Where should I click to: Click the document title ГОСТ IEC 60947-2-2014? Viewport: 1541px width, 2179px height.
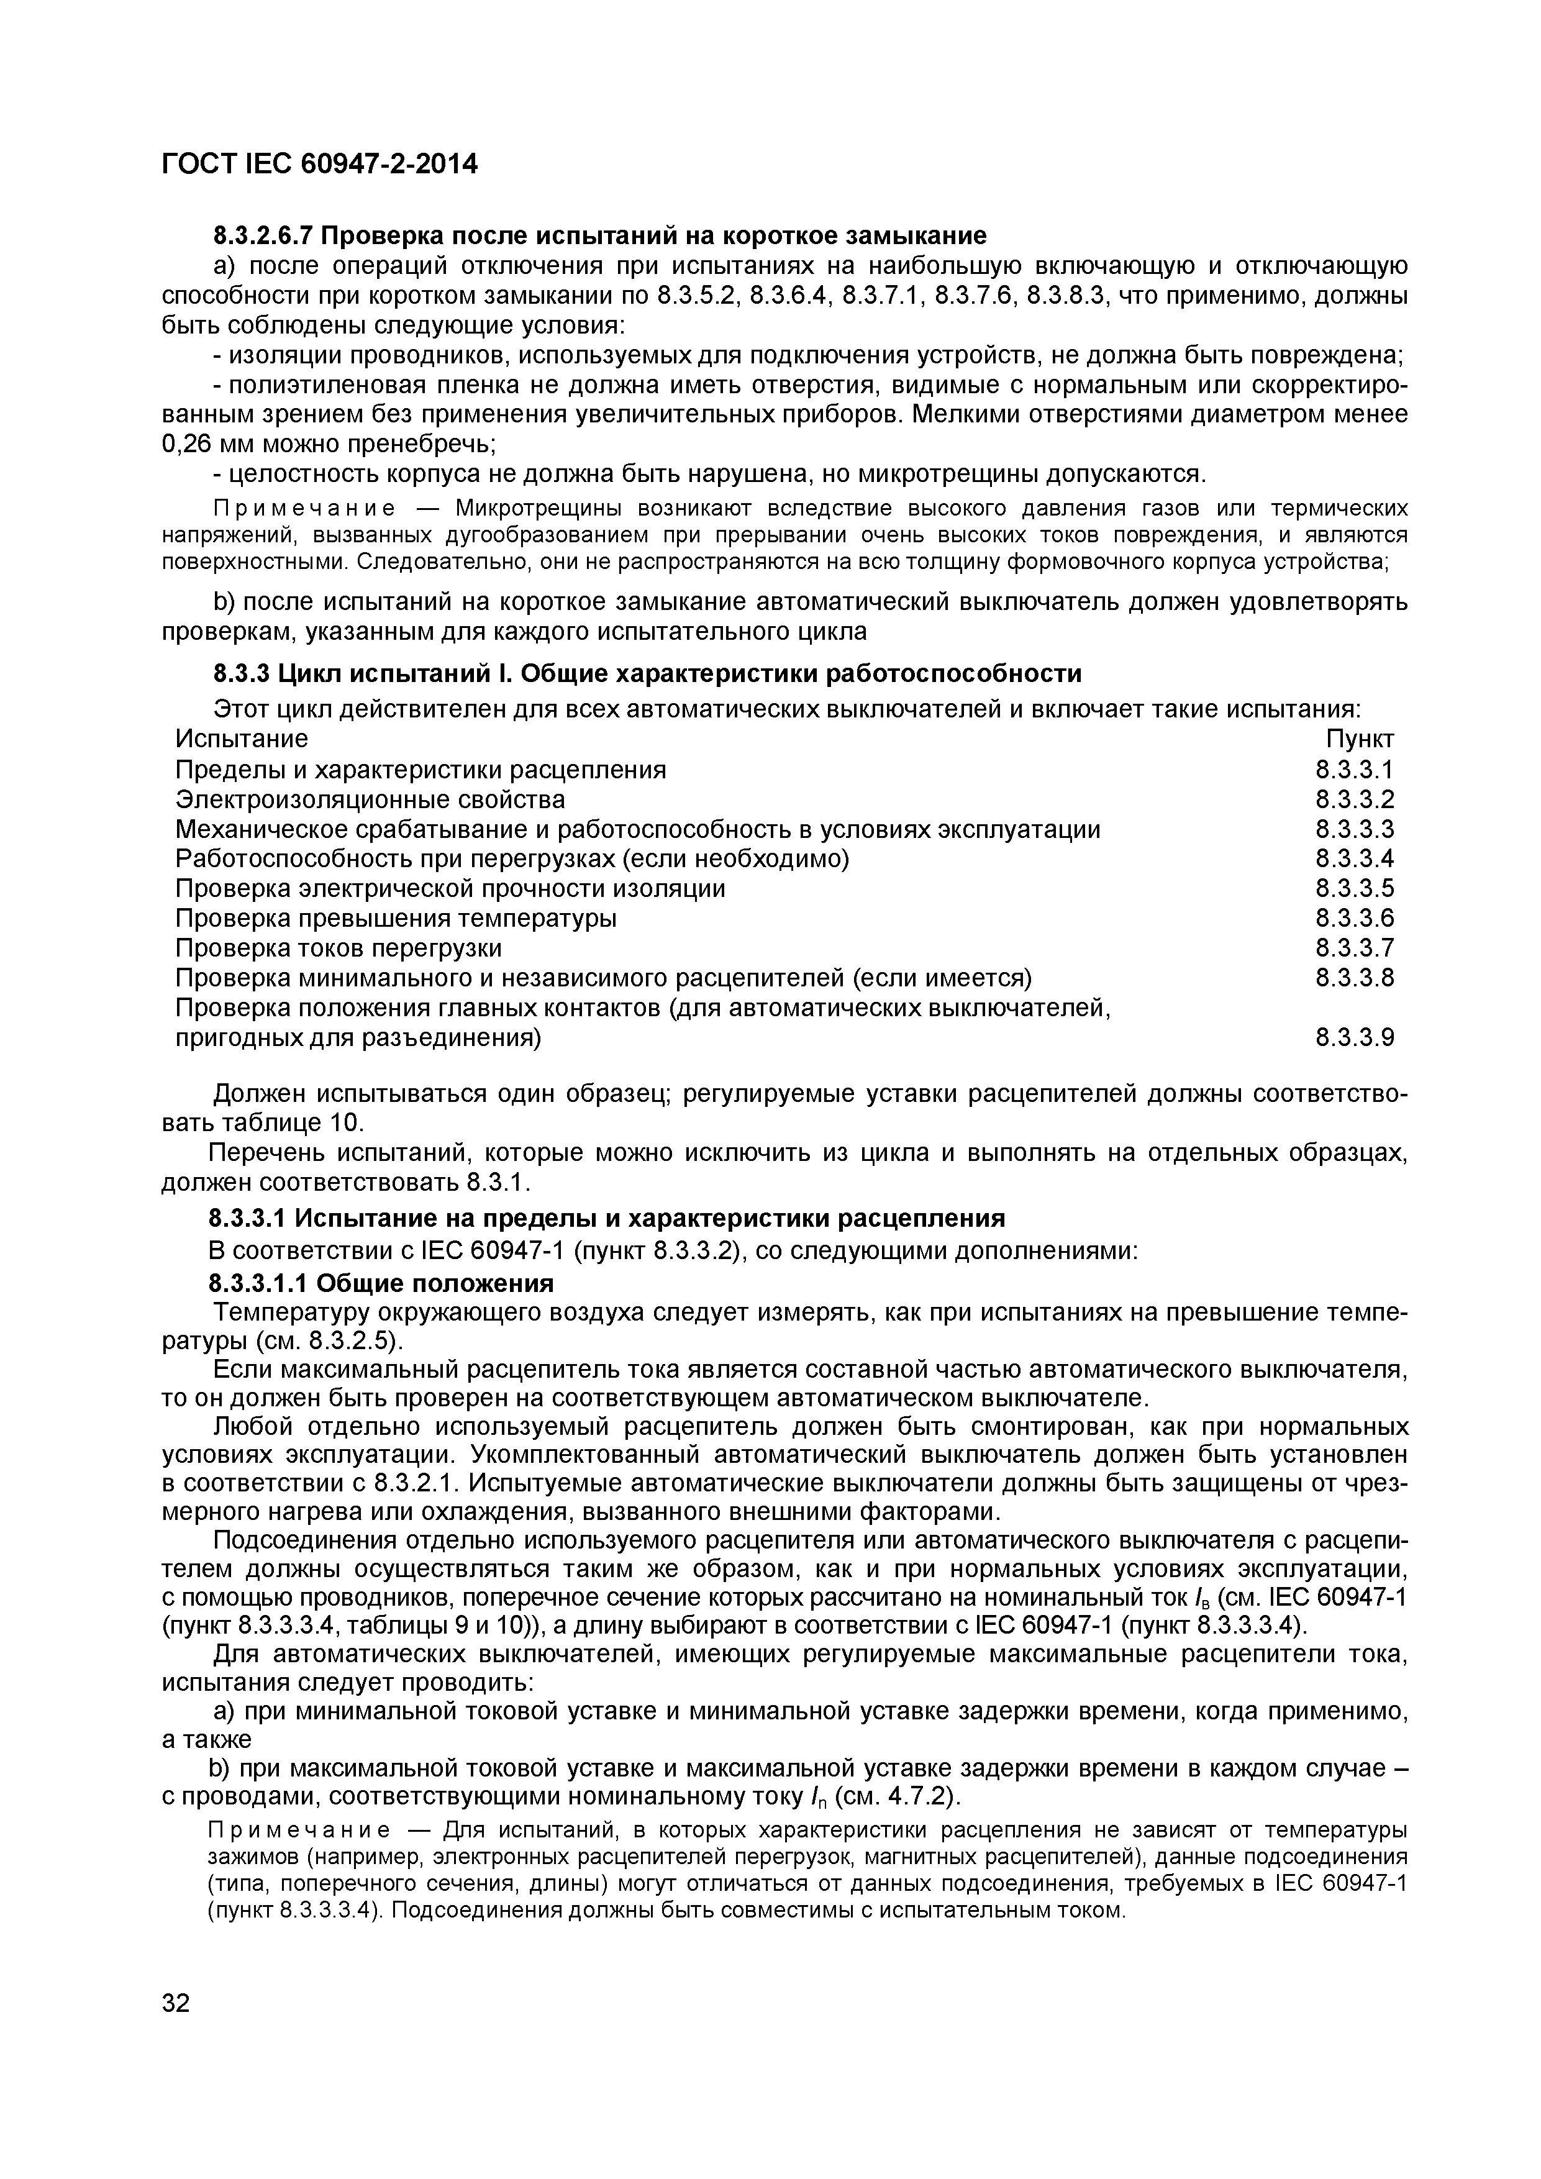click(320, 164)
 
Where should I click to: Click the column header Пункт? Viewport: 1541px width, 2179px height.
click(1360, 739)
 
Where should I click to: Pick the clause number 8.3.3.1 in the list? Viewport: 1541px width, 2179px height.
click(1354, 770)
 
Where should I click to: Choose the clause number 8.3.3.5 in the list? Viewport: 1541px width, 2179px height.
click(1354, 888)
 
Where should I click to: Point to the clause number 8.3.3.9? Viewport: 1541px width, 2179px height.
click(1354, 1037)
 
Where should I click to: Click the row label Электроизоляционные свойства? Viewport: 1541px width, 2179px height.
click(370, 799)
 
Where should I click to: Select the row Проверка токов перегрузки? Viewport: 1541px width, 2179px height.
click(339, 948)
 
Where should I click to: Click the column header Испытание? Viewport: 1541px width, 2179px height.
click(242, 739)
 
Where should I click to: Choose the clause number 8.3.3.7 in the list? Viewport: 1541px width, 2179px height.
click(1354, 948)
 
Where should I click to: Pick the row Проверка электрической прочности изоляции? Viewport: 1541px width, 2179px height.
click(451, 888)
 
